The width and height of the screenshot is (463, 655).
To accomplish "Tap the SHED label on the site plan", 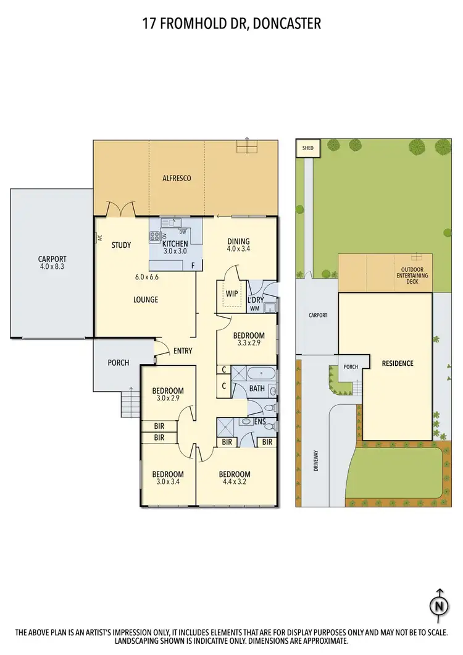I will (307, 148).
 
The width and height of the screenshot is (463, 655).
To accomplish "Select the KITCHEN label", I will (175, 243).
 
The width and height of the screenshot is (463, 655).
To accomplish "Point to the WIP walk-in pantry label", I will (231, 293).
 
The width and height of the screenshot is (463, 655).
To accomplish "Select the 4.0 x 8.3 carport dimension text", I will (52, 268).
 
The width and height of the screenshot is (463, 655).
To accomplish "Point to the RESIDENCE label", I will (397, 363).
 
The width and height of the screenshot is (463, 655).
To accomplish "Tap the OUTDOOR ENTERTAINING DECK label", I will (411, 276).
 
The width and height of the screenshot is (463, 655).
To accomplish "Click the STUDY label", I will (121, 245).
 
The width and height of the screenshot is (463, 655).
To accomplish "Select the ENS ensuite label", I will (261, 421).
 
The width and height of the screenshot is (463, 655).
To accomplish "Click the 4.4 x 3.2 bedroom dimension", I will (235, 483).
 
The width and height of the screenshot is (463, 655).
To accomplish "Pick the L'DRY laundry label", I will (256, 300).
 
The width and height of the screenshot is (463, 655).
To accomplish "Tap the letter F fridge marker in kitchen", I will (193, 266).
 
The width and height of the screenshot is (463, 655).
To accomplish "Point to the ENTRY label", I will (183, 351).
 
